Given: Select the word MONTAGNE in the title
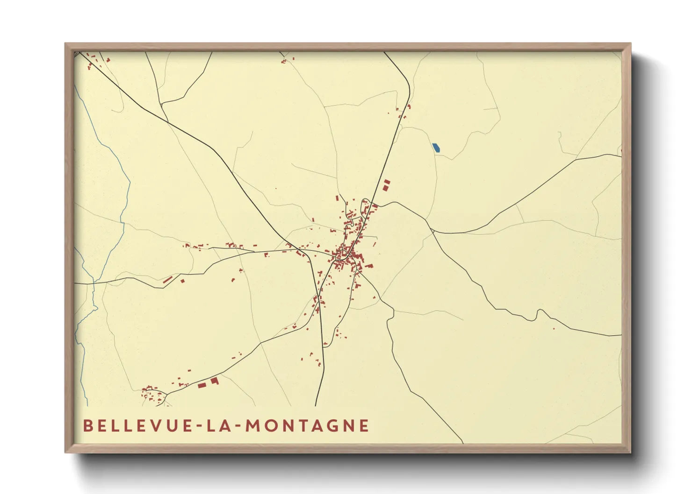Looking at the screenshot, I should tap(307, 425).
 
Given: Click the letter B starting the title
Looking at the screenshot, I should tap(87, 425).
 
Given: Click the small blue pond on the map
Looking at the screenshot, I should tap(436, 148).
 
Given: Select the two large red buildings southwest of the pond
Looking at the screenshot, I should tap(386, 184).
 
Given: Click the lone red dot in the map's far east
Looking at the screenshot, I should tap(554, 329).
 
